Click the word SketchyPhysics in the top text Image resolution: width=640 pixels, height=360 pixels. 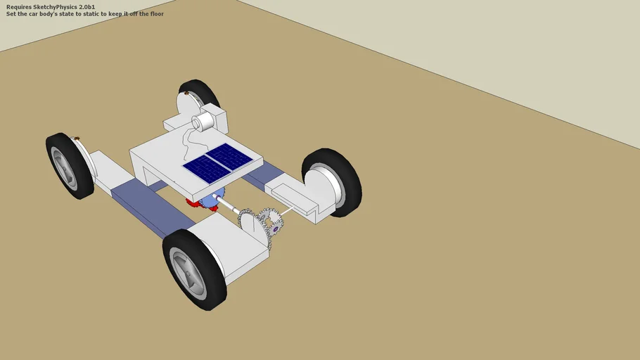(56, 6)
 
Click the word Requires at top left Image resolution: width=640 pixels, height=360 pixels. (18, 6)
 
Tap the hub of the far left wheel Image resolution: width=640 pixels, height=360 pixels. (65, 168)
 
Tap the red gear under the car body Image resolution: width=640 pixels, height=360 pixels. (192, 203)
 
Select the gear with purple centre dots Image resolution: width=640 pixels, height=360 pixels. (274, 226)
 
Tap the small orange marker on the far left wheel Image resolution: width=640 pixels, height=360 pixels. (77, 138)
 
